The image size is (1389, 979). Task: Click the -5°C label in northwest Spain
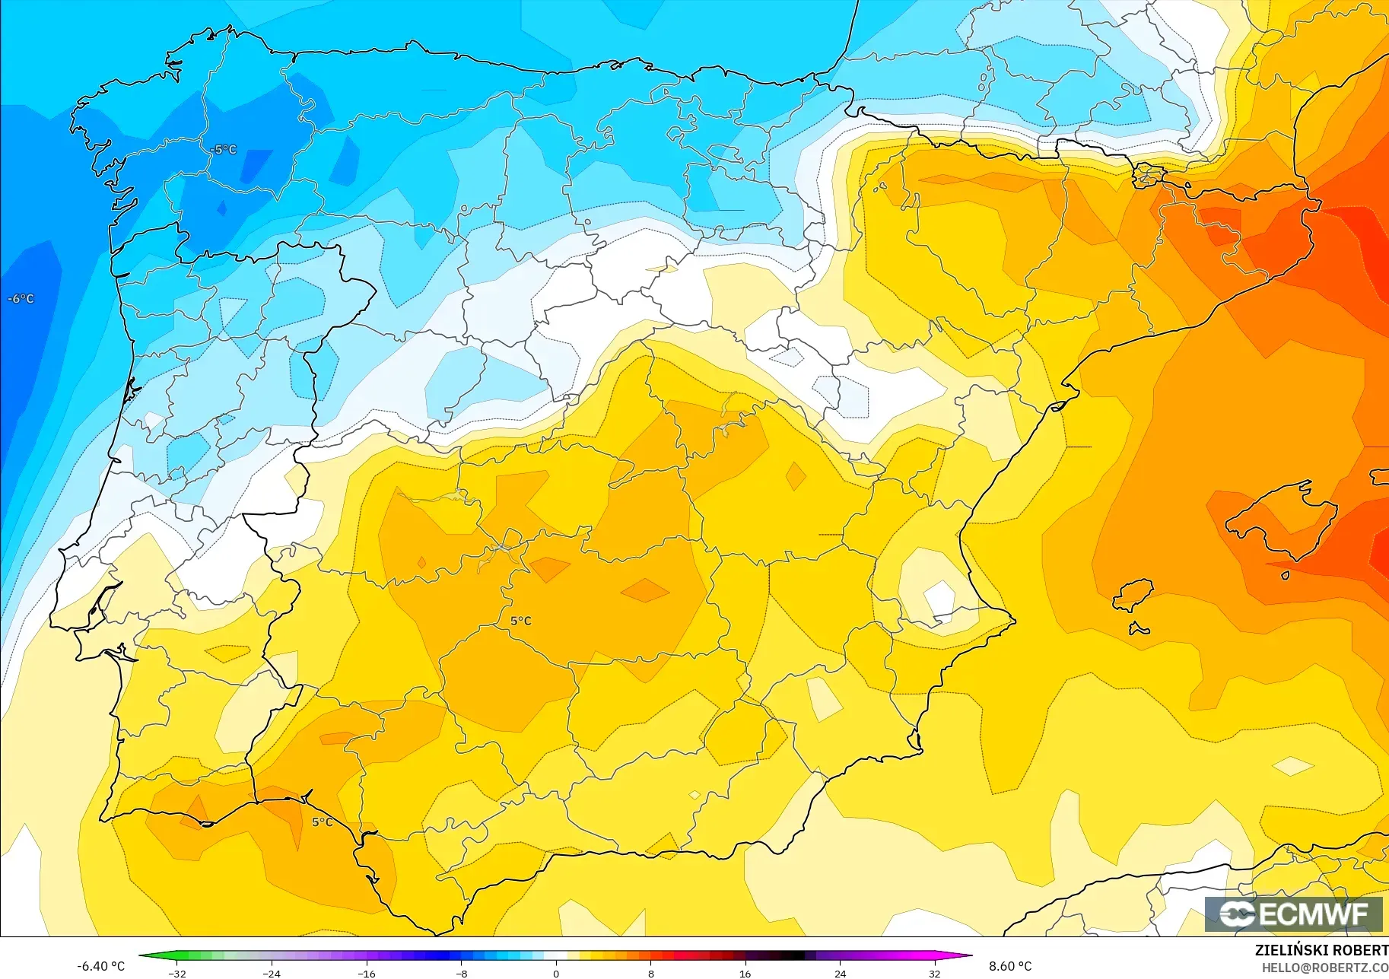(224, 150)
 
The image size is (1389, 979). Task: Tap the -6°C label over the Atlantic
(21, 299)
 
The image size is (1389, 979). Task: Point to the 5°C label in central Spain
(520, 621)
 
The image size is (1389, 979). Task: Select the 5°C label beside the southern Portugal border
(322, 822)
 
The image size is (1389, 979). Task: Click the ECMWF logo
(1293, 914)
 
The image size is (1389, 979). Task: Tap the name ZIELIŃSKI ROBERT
(1321, 950)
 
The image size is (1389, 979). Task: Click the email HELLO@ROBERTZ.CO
(1325, 968)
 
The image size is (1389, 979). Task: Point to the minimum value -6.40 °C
(100, 966)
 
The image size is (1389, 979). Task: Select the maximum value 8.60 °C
(1010, 966)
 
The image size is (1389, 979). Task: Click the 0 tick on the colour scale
(556, 973)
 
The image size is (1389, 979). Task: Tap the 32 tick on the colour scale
(934, 973)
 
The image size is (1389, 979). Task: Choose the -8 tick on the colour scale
(461, 973)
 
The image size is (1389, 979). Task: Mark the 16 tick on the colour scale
(745, 973)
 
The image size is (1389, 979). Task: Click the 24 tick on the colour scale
(840, 973)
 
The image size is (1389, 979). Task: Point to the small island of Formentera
(1138, 628)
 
